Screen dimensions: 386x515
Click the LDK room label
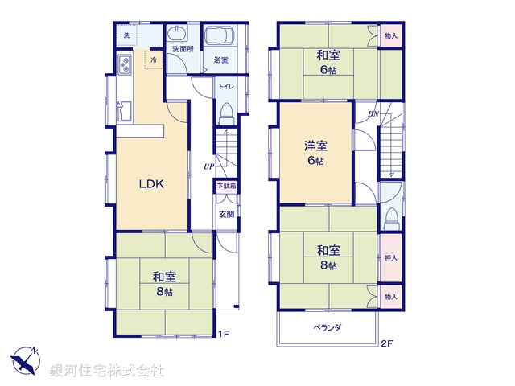pos(151,184)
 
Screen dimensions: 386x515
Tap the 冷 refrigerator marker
pos(153,60)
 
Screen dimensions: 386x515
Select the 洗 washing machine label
pos(126,37)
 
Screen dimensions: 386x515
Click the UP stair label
pos(208,166)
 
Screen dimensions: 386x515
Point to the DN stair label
pos(373,114)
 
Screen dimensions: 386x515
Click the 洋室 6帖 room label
pos(315,153)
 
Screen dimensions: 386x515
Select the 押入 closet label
pos(390,258)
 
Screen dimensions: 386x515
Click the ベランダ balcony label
pos(328,327)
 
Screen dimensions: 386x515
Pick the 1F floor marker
pos(224,334)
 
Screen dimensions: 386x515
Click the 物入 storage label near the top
pos(390,36)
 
